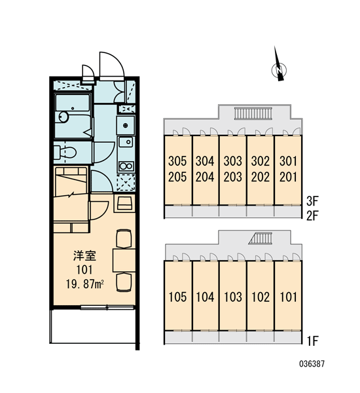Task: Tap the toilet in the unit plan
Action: tap(65, 152)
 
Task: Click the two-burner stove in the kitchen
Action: tap(126, 166)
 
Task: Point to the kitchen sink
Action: tap(126, 142)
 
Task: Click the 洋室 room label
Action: tap(84, 255)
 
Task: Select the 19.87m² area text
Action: tap(84, 284)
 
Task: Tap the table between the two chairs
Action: tap(124, 260)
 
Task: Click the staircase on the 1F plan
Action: tap(261, 238)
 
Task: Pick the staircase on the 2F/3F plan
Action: tap(253, 113)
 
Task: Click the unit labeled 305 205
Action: tap(177, 169)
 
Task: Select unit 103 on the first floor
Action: tap(233, 297)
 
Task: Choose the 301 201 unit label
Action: tap(288, 169)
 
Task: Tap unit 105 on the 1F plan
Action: tap(177, 297)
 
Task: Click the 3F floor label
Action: tap(312, 201)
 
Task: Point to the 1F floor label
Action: tap(312, 341)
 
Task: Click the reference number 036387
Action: tap(312, 364)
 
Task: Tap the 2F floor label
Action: tap(312, 215)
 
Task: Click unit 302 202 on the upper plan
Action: tap(261, 169)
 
